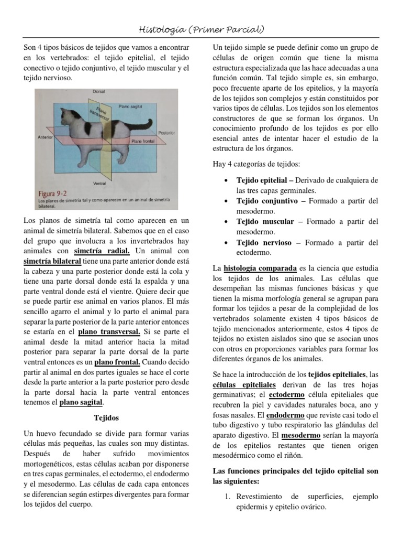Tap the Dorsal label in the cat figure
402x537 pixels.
(99, 92)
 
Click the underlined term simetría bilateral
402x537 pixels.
(52, 261)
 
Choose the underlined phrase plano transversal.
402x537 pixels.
(109, 332)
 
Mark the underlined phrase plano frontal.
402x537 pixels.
(117, 362)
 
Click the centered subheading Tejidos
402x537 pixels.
(106, 418)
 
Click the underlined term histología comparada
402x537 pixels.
(260, 268)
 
